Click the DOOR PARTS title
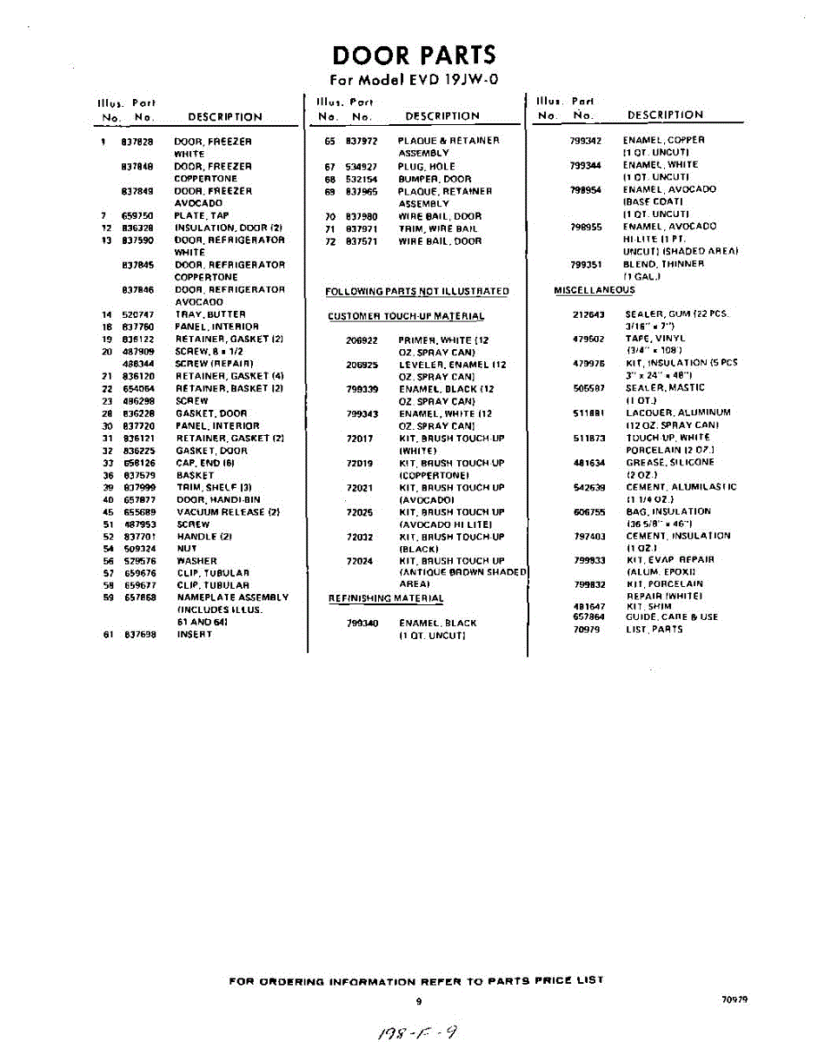tap(414, 56)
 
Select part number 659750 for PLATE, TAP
tap(137, 215)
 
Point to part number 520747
tap(137, 314)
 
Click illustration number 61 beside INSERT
tap(108, 635)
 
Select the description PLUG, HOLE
tap(426, 167)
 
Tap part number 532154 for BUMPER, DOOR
tap(361, 179)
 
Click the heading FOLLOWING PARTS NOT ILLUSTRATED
tap(417, 292)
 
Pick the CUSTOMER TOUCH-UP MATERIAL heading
tap(406, 316)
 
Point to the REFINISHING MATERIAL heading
tap(385, 598)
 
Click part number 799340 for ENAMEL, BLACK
tap(362, 623)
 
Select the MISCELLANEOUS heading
tap(595, 290)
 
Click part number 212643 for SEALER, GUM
tap(588, 313)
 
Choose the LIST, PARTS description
tap(654, 630)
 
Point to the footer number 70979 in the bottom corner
tap(734, 999)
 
